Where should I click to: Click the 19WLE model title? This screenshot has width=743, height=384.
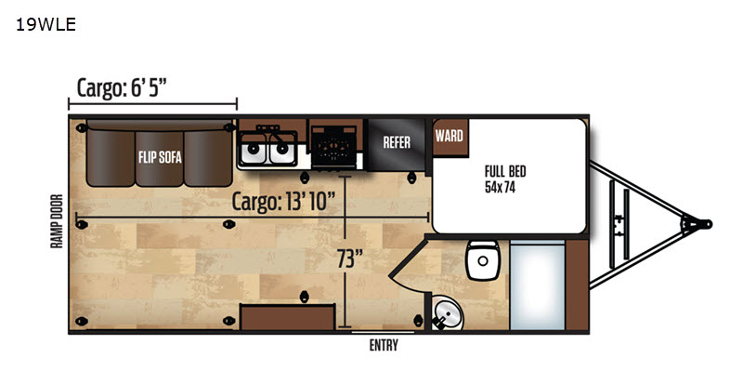[x=46, y=24]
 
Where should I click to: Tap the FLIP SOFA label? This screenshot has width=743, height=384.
[x=160, y=157]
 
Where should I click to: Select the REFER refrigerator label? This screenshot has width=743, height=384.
[x=397, y=142]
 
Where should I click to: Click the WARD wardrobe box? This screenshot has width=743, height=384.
[x=450, y=137]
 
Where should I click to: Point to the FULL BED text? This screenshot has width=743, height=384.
[x=505, y=171]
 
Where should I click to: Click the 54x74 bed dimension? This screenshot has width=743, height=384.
[x=500, y=187]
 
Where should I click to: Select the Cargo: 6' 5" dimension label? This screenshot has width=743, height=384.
[x=122, y=87]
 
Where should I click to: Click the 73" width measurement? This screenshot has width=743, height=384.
[x=350, y=258]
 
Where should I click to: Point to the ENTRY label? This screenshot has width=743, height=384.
[x=384, y=346]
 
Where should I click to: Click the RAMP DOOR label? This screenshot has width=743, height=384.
[x=57, y=220]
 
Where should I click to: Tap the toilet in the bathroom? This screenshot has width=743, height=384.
[x=482, y=259]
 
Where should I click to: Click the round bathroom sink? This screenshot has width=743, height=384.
[x=448, y=312]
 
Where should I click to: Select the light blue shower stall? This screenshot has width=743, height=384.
[x=538, y=285]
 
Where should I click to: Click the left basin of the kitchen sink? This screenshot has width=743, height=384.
[x=254, y=150]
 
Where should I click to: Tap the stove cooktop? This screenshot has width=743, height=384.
[x=334, y=146]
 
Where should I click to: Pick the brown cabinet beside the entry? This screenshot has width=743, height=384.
[x=288, y=317]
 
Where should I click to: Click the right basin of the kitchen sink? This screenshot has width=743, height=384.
[x=281, y=150]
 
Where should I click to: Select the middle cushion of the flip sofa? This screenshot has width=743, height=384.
[x=160, y=159]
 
